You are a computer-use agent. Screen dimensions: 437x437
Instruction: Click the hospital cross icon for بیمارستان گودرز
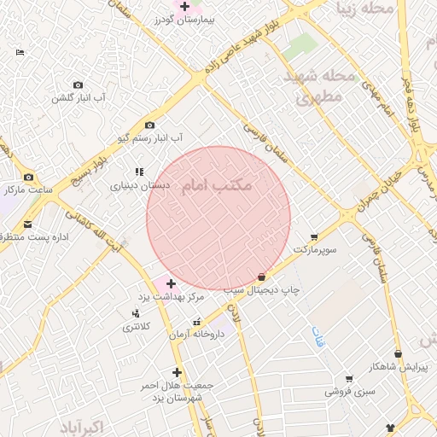pos(184,6)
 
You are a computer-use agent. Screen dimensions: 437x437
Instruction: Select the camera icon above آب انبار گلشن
pos(79,84)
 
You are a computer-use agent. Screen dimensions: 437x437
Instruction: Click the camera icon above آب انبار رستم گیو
pos(150,125)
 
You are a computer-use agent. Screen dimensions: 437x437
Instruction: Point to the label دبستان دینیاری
pos(140,184)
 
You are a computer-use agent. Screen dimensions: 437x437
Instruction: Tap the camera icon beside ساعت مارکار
pos(29,177)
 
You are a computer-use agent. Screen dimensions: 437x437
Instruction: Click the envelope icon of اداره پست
pos(28,224)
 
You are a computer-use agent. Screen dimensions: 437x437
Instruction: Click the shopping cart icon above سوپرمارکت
pos(314,237)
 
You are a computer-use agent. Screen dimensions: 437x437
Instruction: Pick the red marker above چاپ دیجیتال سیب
pos(261,277)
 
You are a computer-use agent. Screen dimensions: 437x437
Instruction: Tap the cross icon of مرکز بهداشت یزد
pos(171,283)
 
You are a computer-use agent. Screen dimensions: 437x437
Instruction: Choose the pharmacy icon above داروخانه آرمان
pos(198,323)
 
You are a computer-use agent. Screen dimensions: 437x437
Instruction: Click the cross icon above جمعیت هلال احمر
pos(177,372)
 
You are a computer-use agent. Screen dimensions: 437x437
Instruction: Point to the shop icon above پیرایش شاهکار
pos(397,353)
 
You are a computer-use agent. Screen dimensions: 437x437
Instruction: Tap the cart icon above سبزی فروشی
pos(348,379)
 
